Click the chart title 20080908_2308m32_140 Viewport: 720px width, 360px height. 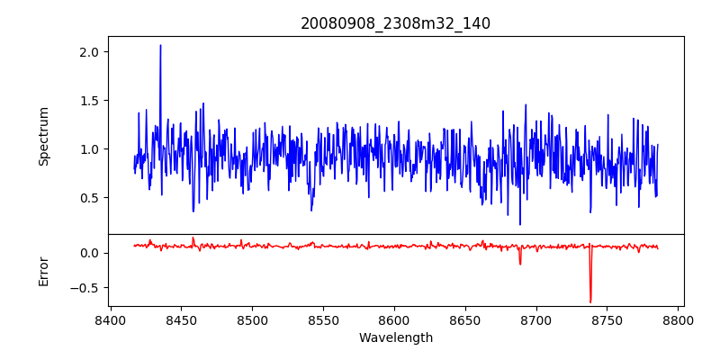pos(395,23)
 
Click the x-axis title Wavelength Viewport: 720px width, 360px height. pos(395,337)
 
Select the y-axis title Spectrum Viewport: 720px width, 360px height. pos(43,136)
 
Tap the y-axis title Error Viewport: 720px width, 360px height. pos(43,271)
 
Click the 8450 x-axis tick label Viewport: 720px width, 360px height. pos(181,319)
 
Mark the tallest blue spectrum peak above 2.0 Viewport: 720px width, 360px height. pos(160,46)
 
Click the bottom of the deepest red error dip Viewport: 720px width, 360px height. pos(590,301)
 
